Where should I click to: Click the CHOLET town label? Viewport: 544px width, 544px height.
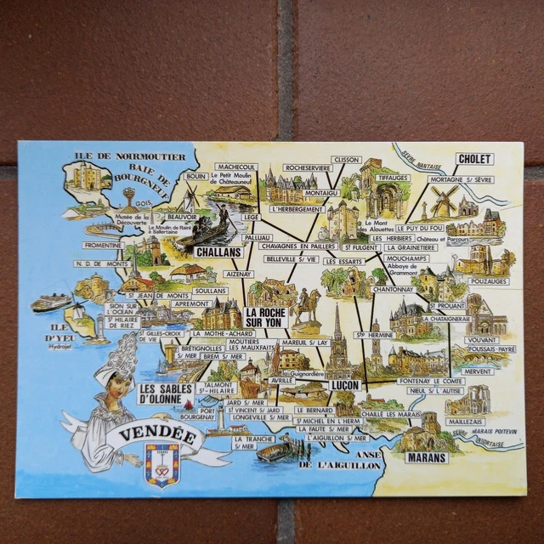point(474,158)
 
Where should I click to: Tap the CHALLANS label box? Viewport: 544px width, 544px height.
point(218,252)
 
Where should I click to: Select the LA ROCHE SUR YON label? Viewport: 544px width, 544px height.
point(266,317)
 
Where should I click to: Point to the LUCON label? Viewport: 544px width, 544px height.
point(345,385)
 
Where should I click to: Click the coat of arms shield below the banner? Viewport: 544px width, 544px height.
point(161,469)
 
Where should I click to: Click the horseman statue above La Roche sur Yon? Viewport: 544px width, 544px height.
point(307,303)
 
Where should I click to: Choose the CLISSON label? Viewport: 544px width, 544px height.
point(347,159)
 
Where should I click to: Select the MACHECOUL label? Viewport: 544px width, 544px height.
point(236,167)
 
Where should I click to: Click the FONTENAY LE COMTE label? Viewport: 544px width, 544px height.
point(431,381)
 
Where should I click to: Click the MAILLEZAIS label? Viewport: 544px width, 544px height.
point(467,420)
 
